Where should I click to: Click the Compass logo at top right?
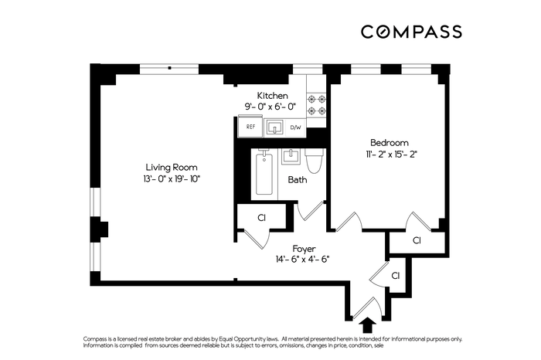click(x=411, y=32)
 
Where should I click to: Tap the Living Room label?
click(x=172, y=168)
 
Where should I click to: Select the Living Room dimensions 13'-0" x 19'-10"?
click(x=172, y=179)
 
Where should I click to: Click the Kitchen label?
click(x=272, y=96)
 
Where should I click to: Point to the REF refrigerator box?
click(x=250, y=127)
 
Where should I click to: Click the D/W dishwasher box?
click(x=296, y=127)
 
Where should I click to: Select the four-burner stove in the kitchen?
click(x=316, y=105)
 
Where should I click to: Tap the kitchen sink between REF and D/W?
click(x=275, y=127)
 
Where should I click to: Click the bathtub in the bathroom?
click(x=264, y=174)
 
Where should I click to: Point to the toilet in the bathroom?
click(x=315, y=161)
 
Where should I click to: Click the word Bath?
click(x=297, y=180)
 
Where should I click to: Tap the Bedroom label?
click(x=390, y=142)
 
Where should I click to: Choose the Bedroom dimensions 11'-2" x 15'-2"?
click(x=392, y=155)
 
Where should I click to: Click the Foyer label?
click(x=304, y=249)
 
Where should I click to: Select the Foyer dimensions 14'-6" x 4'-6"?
click(x=302, y=260)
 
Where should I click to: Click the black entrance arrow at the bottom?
click(x=368, y=324)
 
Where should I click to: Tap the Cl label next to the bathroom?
click(x=261, y=218)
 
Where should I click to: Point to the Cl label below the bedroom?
click(x=417, y=240)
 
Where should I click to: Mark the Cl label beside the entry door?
click(x=396, y=276)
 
